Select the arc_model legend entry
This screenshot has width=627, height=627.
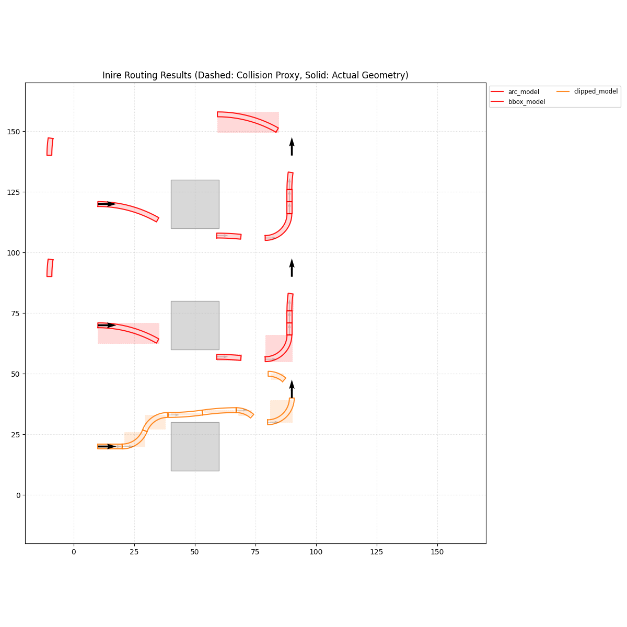(524, 92)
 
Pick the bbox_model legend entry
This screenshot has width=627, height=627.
(526, 102)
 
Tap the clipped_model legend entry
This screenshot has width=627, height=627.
(596, 91)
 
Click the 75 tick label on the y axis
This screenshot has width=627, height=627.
(17, 313)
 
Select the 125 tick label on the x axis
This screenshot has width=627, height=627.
(376, 552)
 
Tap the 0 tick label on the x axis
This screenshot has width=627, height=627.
(74, 552)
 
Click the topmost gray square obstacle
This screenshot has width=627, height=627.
(195, 204)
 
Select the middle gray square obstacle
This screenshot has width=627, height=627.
(195, 325)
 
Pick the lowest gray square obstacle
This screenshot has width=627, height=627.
(195, 446)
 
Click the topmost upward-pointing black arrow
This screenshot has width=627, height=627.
(292, 146)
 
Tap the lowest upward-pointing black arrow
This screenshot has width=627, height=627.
(292, 389)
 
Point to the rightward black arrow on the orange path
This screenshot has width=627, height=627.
(107, 446)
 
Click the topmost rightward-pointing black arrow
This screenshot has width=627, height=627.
(107, 204)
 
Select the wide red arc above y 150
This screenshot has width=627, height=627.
(248, 119)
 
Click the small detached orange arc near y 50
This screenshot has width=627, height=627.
(277, 376)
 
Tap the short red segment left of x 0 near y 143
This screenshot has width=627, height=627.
(50, 146)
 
